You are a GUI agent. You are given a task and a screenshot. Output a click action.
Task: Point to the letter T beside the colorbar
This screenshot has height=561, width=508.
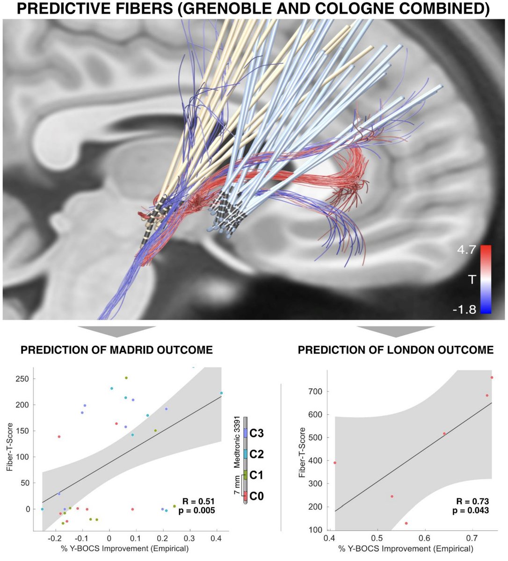[x=472, y=280]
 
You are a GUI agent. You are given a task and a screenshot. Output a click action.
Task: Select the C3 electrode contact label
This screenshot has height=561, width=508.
[x=257, y=433]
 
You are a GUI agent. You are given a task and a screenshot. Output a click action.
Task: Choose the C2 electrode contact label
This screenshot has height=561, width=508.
[x=257, y=454]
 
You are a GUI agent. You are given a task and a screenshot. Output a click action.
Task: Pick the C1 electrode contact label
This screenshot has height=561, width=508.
[x=257, y=475]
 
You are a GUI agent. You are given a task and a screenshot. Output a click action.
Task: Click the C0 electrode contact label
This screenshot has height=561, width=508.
[x=257, y=496]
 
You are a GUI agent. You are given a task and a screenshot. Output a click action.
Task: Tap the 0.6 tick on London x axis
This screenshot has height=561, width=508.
[x=424, y=539]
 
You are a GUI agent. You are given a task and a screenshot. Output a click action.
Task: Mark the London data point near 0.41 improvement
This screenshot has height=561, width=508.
[x=335, y=463]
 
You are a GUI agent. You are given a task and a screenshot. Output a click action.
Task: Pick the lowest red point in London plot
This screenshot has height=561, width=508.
[x=406, y=523]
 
